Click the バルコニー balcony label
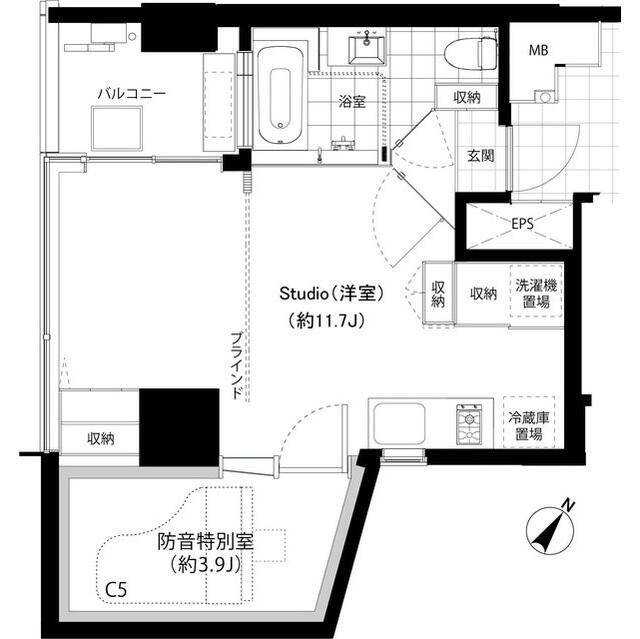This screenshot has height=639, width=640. pyautogui.click(x=131, y=94)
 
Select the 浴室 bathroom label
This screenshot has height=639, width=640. pyautogui.click(x=350, y=101)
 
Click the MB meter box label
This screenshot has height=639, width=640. pyautogui.click(x=539, y=50)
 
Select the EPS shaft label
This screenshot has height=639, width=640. pyautogui.click(x=521, y=223)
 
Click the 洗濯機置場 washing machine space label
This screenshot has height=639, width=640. pyautogui.click(x=537, y=293)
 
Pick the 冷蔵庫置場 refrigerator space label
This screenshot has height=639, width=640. pyautogui.click(x=529, y=426)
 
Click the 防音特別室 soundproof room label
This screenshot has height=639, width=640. pyautogui.click(x=205, y=544)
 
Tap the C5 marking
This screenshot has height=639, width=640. pyautogui.click(x=116, y=590)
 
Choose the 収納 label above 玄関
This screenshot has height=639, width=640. pyautogui.click(x=466, y=97)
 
